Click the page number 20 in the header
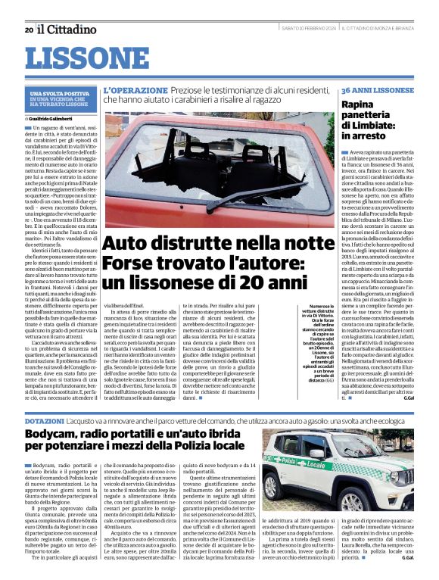[x=28, y=30]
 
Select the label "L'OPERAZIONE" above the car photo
[x=135, y=89]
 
